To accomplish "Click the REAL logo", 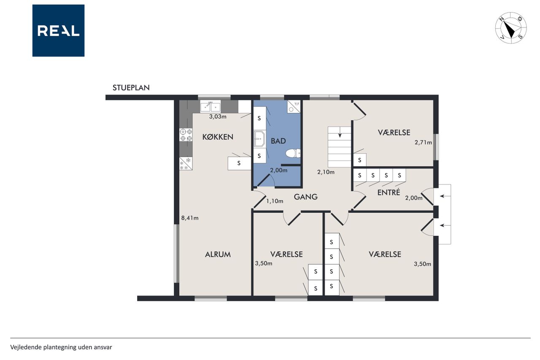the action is pyautogui.click(x=58, y=31).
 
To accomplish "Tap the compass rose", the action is pyautogui.click(x=511, y=28).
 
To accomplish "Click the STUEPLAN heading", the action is pyautogui.click(x=131, y=87).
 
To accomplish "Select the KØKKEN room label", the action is pyautogui.click(x=218, y=137).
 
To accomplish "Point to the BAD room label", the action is pyautogui.click(x=278, y=141).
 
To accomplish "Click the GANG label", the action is pyautogui.click(x=306, y=197).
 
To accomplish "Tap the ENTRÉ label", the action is pyautogui.click(x=389, y=192).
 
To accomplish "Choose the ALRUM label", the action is pyautogui.click(x=218, y=254).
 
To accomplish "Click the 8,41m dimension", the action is pyautogui.click(x=190, y=218).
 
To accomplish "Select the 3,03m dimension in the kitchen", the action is pyautogui.click(x=218, y=116).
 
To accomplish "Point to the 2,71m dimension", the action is pyautogui.click(x=423, y=142).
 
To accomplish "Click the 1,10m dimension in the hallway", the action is pyautogui.click(x=275, y=201).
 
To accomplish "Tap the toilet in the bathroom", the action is pyautogui.click(x=293, y=153).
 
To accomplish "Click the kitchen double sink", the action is pyautogui.click(x=210, y=107).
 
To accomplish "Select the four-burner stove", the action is pyautogui.click(x=186, y=135).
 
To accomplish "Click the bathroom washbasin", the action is pyautogui.click(x=259, y=139).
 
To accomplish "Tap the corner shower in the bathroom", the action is pyautogui.click(x=294, y=107).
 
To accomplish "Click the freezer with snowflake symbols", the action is pyautogui.click(x=186, y=163).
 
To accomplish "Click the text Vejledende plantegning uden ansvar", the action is pyautogui.click(x=61, y=347).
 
